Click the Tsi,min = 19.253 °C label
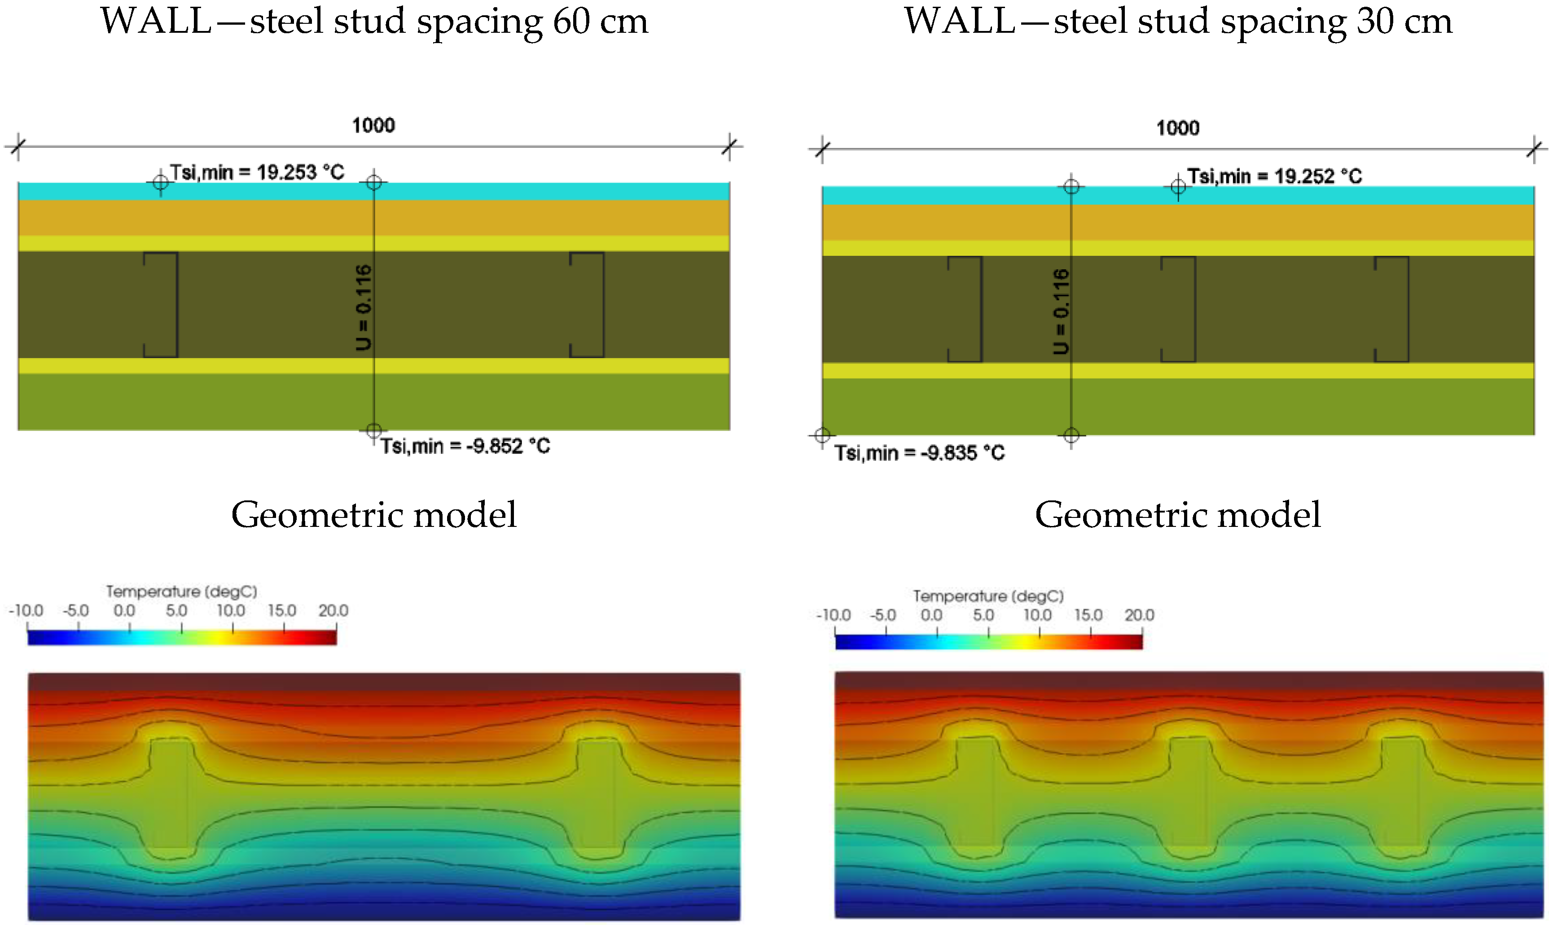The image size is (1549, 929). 257,172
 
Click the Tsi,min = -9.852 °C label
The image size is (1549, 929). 465,447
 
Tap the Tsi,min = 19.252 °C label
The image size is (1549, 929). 1274,176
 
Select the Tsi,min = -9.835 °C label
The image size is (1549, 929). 919,452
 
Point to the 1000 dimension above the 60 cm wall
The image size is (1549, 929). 373,125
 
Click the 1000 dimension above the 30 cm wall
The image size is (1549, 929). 1177,128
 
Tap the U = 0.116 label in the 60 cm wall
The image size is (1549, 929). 364,307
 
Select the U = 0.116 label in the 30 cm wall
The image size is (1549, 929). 1061,311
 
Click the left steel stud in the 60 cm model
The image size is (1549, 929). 163,305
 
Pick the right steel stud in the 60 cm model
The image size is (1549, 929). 588,305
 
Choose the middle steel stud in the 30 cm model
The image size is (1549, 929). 1180,309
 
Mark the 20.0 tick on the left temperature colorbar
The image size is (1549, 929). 333,610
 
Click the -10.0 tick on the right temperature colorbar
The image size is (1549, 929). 834,615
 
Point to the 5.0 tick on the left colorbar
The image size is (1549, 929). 176,610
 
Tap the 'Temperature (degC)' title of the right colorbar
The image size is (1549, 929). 988,596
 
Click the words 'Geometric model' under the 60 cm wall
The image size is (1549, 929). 374,515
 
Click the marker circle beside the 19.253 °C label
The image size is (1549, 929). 160,182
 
